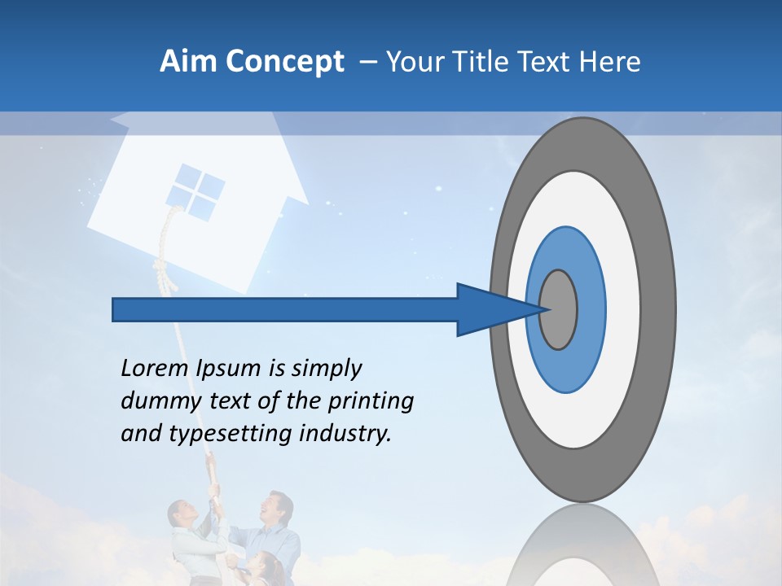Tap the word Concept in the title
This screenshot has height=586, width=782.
click(285, 62)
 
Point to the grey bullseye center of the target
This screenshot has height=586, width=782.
click(559, 309)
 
